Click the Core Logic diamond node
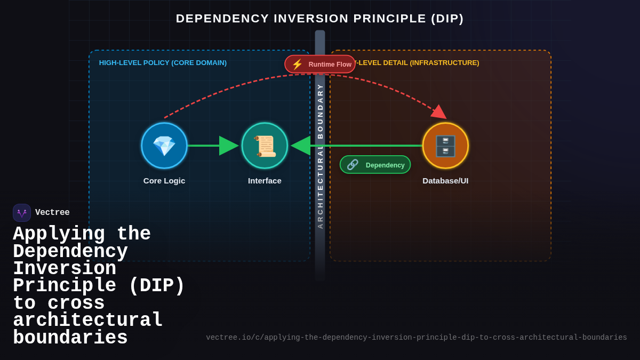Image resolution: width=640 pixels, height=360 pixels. click(x=164, y=146)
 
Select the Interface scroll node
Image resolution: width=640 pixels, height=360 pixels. click(x=265, y=146)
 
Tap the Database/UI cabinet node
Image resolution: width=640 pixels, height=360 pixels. click(x=445, y=146)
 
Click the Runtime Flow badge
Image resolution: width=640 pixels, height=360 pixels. click(x=320, y=64)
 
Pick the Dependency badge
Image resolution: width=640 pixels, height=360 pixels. click(x=375, y=165)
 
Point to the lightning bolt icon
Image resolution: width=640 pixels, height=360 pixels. click(x=297, y=64)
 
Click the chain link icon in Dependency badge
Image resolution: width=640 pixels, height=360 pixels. click(x=353, y=165)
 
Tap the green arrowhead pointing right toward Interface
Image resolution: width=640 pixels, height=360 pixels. click(x=228, y=146)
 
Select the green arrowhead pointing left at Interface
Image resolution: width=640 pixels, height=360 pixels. click(x=301, y=146)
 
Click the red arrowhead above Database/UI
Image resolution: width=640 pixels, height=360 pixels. click(x=438, y=111)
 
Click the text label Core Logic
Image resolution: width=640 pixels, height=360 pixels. click(x=164, y=181)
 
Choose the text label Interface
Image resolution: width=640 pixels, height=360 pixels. click(x=265, y=181)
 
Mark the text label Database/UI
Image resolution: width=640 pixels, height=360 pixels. click(x=445, y=181)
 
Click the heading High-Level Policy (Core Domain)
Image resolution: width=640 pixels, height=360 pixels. click(x=163, y=63)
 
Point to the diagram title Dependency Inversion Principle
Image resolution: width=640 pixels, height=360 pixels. click(x=320, y=19)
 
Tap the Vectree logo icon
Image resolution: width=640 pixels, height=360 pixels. click(x=22, y=213)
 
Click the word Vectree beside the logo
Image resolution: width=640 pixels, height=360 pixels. click(x=52, y=213)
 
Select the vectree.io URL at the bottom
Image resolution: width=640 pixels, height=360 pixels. click(x=416, y=338)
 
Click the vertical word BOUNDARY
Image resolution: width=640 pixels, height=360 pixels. click(x=320, y=111)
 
